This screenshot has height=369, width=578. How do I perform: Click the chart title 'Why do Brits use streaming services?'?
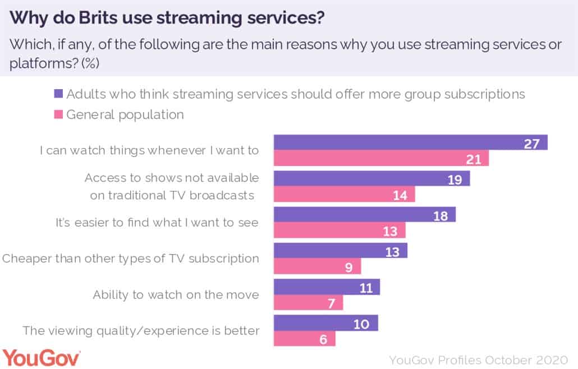coord(167,18)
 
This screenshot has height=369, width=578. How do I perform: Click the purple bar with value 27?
coord(410,142)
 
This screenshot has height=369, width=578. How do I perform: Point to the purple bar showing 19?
coord(371,178)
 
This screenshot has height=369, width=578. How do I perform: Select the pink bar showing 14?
coord(343,195)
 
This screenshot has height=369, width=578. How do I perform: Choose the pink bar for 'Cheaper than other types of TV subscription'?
coord(316,266)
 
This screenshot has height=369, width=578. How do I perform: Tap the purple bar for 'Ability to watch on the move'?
coord(326,287)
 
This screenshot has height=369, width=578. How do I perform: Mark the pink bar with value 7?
coord(308,303)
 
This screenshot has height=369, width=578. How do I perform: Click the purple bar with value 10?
coord(325,323)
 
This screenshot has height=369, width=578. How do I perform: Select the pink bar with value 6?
coord(304,339)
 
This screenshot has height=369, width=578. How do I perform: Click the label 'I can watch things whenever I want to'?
coord(149,150)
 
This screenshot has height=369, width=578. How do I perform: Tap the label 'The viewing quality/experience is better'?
coord(141,331)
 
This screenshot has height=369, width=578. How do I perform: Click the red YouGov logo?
coord(42,357)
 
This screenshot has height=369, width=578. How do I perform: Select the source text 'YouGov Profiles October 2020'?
coord(479,359)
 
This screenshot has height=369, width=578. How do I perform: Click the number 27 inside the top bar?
coord(531,143)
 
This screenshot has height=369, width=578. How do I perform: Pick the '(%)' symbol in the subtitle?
coord(90,63)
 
